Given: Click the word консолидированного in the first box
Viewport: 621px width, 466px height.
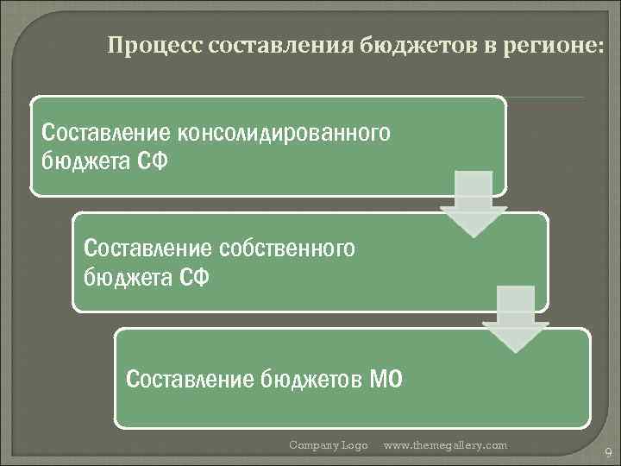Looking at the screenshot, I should click(284, 133).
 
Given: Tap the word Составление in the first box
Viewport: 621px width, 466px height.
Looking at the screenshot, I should click(106, 133).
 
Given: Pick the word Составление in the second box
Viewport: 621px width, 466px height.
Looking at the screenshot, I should click(147, 249).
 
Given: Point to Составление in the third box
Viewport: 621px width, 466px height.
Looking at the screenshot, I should click(190, 378).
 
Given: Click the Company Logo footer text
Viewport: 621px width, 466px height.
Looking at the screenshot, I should click(328, 445).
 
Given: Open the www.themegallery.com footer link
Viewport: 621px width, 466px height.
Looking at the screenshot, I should click(445, 445).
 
